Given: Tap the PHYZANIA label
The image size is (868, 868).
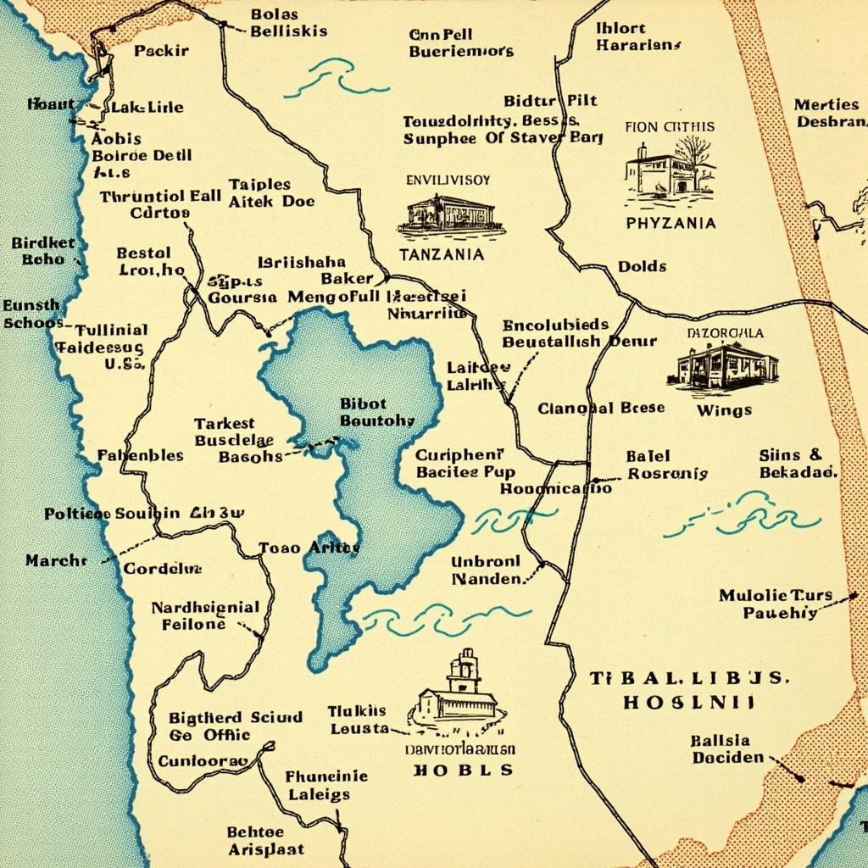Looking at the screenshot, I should tap(670, 224).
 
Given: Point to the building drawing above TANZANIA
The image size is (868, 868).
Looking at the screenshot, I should tap(450, 215).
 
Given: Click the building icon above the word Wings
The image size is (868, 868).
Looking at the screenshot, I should tap(727, 365).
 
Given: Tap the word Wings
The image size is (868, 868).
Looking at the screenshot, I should tap(724, 410).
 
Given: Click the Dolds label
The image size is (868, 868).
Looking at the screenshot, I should tap(642, 266).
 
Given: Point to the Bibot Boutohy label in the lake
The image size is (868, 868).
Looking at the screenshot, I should tap(376, 412).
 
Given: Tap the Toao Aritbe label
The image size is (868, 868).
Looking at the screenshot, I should tap(309, 548).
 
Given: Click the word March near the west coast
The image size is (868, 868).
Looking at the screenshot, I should tap(56, 560).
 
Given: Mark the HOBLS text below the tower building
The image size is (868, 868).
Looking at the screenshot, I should tap(463, 771).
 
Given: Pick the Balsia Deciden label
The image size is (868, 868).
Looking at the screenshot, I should tap(726, 748).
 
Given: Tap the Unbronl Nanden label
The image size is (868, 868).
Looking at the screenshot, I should tap(486, 570).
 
